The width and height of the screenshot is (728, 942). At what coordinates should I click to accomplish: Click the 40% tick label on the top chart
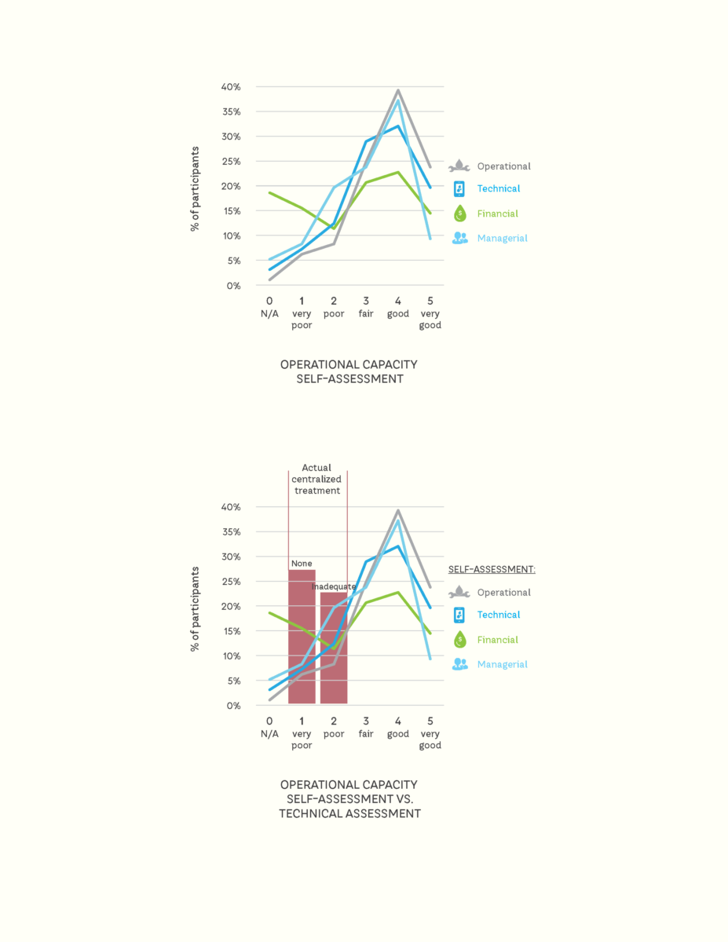point(230,87)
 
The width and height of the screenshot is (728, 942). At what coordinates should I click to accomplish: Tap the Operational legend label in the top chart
point(503,166)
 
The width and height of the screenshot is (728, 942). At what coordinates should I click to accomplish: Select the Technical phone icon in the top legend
point(459,189)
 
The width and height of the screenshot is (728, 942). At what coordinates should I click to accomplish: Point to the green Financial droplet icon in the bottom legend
point(459,640)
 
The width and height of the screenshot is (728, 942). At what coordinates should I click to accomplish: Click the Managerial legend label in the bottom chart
point(502,664)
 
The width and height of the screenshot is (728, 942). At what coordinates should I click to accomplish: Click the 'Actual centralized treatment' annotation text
point(317,479)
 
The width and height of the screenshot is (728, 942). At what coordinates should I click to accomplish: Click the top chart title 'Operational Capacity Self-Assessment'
point(349,371)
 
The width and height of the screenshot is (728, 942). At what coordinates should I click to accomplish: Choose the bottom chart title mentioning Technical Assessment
point(349,799)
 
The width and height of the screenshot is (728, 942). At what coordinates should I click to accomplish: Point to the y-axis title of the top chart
point(194,188)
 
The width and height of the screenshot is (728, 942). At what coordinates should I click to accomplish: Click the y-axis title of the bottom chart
point(194,608)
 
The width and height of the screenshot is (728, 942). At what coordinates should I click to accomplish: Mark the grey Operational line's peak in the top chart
point(398,90)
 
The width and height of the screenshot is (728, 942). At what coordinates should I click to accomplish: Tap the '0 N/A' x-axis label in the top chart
point(269,307)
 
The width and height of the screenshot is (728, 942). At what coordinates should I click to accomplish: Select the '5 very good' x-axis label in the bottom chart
point(430,732)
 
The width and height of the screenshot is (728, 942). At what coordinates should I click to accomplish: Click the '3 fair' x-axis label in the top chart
point(366,307)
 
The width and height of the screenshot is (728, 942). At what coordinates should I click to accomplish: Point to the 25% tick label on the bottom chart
point(230,582)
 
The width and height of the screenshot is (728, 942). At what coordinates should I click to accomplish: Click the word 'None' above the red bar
point(302,564)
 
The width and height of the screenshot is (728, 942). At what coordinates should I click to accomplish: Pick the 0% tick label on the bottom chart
point(232,706)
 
